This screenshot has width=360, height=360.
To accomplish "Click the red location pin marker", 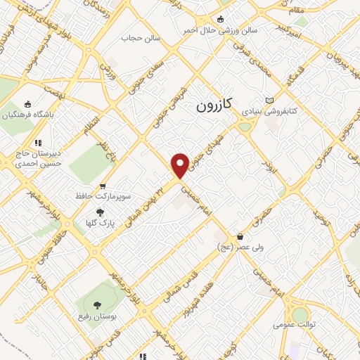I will click(180, 165).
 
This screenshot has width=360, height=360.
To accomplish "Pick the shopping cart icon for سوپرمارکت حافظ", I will click(103, 186).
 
